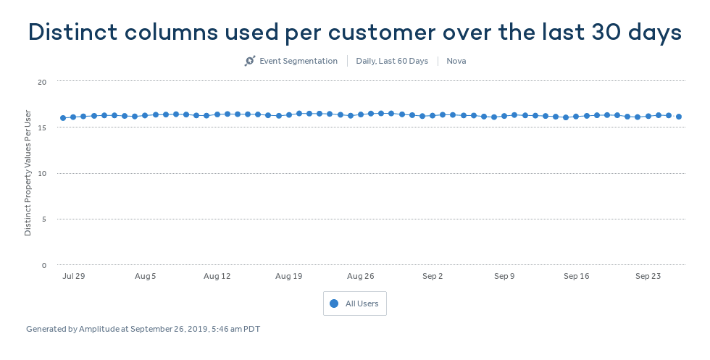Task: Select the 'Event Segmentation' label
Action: (298, 61)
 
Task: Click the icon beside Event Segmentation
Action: (250, 61)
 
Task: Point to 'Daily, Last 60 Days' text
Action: (392, 61)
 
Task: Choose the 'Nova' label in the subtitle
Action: (456, 61)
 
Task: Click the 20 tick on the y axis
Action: (42, 82)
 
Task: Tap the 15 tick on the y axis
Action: (42, 127)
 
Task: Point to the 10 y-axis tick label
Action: (42, 173)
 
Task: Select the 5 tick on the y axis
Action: (43, 219)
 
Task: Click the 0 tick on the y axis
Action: (43, 265)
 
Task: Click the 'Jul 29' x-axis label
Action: (74, 276)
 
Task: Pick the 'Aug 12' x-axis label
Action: (217, 276)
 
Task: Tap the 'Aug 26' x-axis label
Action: (360, 276)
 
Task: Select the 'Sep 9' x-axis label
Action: (504, 276)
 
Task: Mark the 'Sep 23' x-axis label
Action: (648, 276)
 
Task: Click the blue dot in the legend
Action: (334, 304)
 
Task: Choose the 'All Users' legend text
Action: (362, 304)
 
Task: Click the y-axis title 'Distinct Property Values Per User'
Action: (28, 173)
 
